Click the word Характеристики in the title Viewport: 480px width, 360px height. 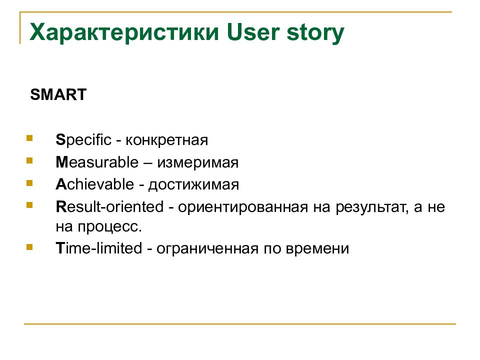tap(124, 32)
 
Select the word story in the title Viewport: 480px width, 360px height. tap(315, 33)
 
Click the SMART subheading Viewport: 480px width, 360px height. tap(58, 94)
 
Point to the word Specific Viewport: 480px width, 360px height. tap(83, 140)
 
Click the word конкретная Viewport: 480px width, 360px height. tap(167, 140)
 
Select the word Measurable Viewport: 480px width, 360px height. tap(97, 162)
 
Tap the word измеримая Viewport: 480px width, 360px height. tap(198, 162)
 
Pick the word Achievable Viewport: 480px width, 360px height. tap(95, 184)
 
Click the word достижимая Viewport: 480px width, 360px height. tap(193, 185)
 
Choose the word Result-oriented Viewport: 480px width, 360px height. tap(109, 206)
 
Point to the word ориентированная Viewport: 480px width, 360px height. tap(243, 207)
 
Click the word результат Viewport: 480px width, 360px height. tap(372, 207)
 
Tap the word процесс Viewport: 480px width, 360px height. tap(109, 227)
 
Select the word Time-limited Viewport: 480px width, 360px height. tap(99, 248)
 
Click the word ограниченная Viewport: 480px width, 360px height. tap(207, 249)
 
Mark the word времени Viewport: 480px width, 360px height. tap(317, 249)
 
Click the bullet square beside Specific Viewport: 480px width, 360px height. tap(29, 138)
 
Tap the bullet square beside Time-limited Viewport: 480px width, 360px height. tap(29, 246)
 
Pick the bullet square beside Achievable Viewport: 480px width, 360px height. tap(29, 183)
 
